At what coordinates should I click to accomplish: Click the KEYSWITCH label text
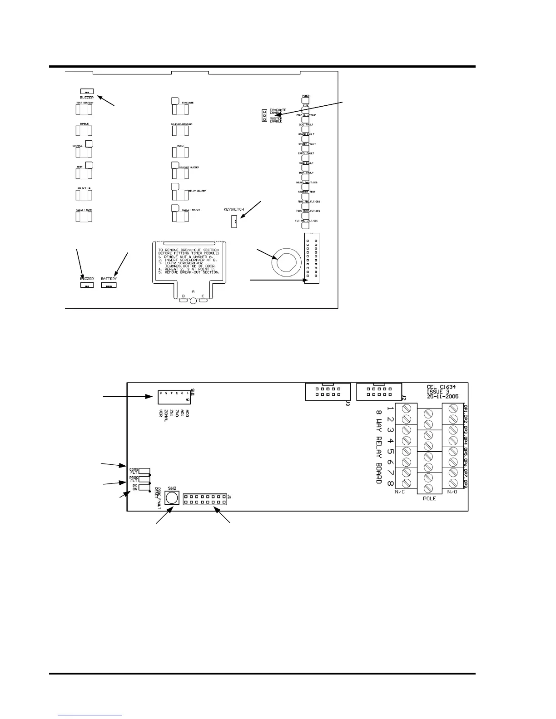[x=233, y=210]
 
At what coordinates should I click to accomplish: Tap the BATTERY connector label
[x=109, y=278]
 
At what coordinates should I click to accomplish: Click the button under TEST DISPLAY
[x=84, y=110]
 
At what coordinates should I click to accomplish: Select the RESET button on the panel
[x=180, y=153]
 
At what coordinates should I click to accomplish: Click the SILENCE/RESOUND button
[x=180, y=131]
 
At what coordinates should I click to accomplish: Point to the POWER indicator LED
[x=306, y=100]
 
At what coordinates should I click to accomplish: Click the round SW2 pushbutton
[x=171, y=498]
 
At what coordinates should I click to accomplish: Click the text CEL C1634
[x=442, y=387]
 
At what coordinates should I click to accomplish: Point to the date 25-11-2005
[x=442, y=396]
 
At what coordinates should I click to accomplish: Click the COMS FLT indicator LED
[x=144, y=471]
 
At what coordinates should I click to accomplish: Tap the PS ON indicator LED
[x=144, y=488]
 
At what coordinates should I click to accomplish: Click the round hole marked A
[x=193, y=300]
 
